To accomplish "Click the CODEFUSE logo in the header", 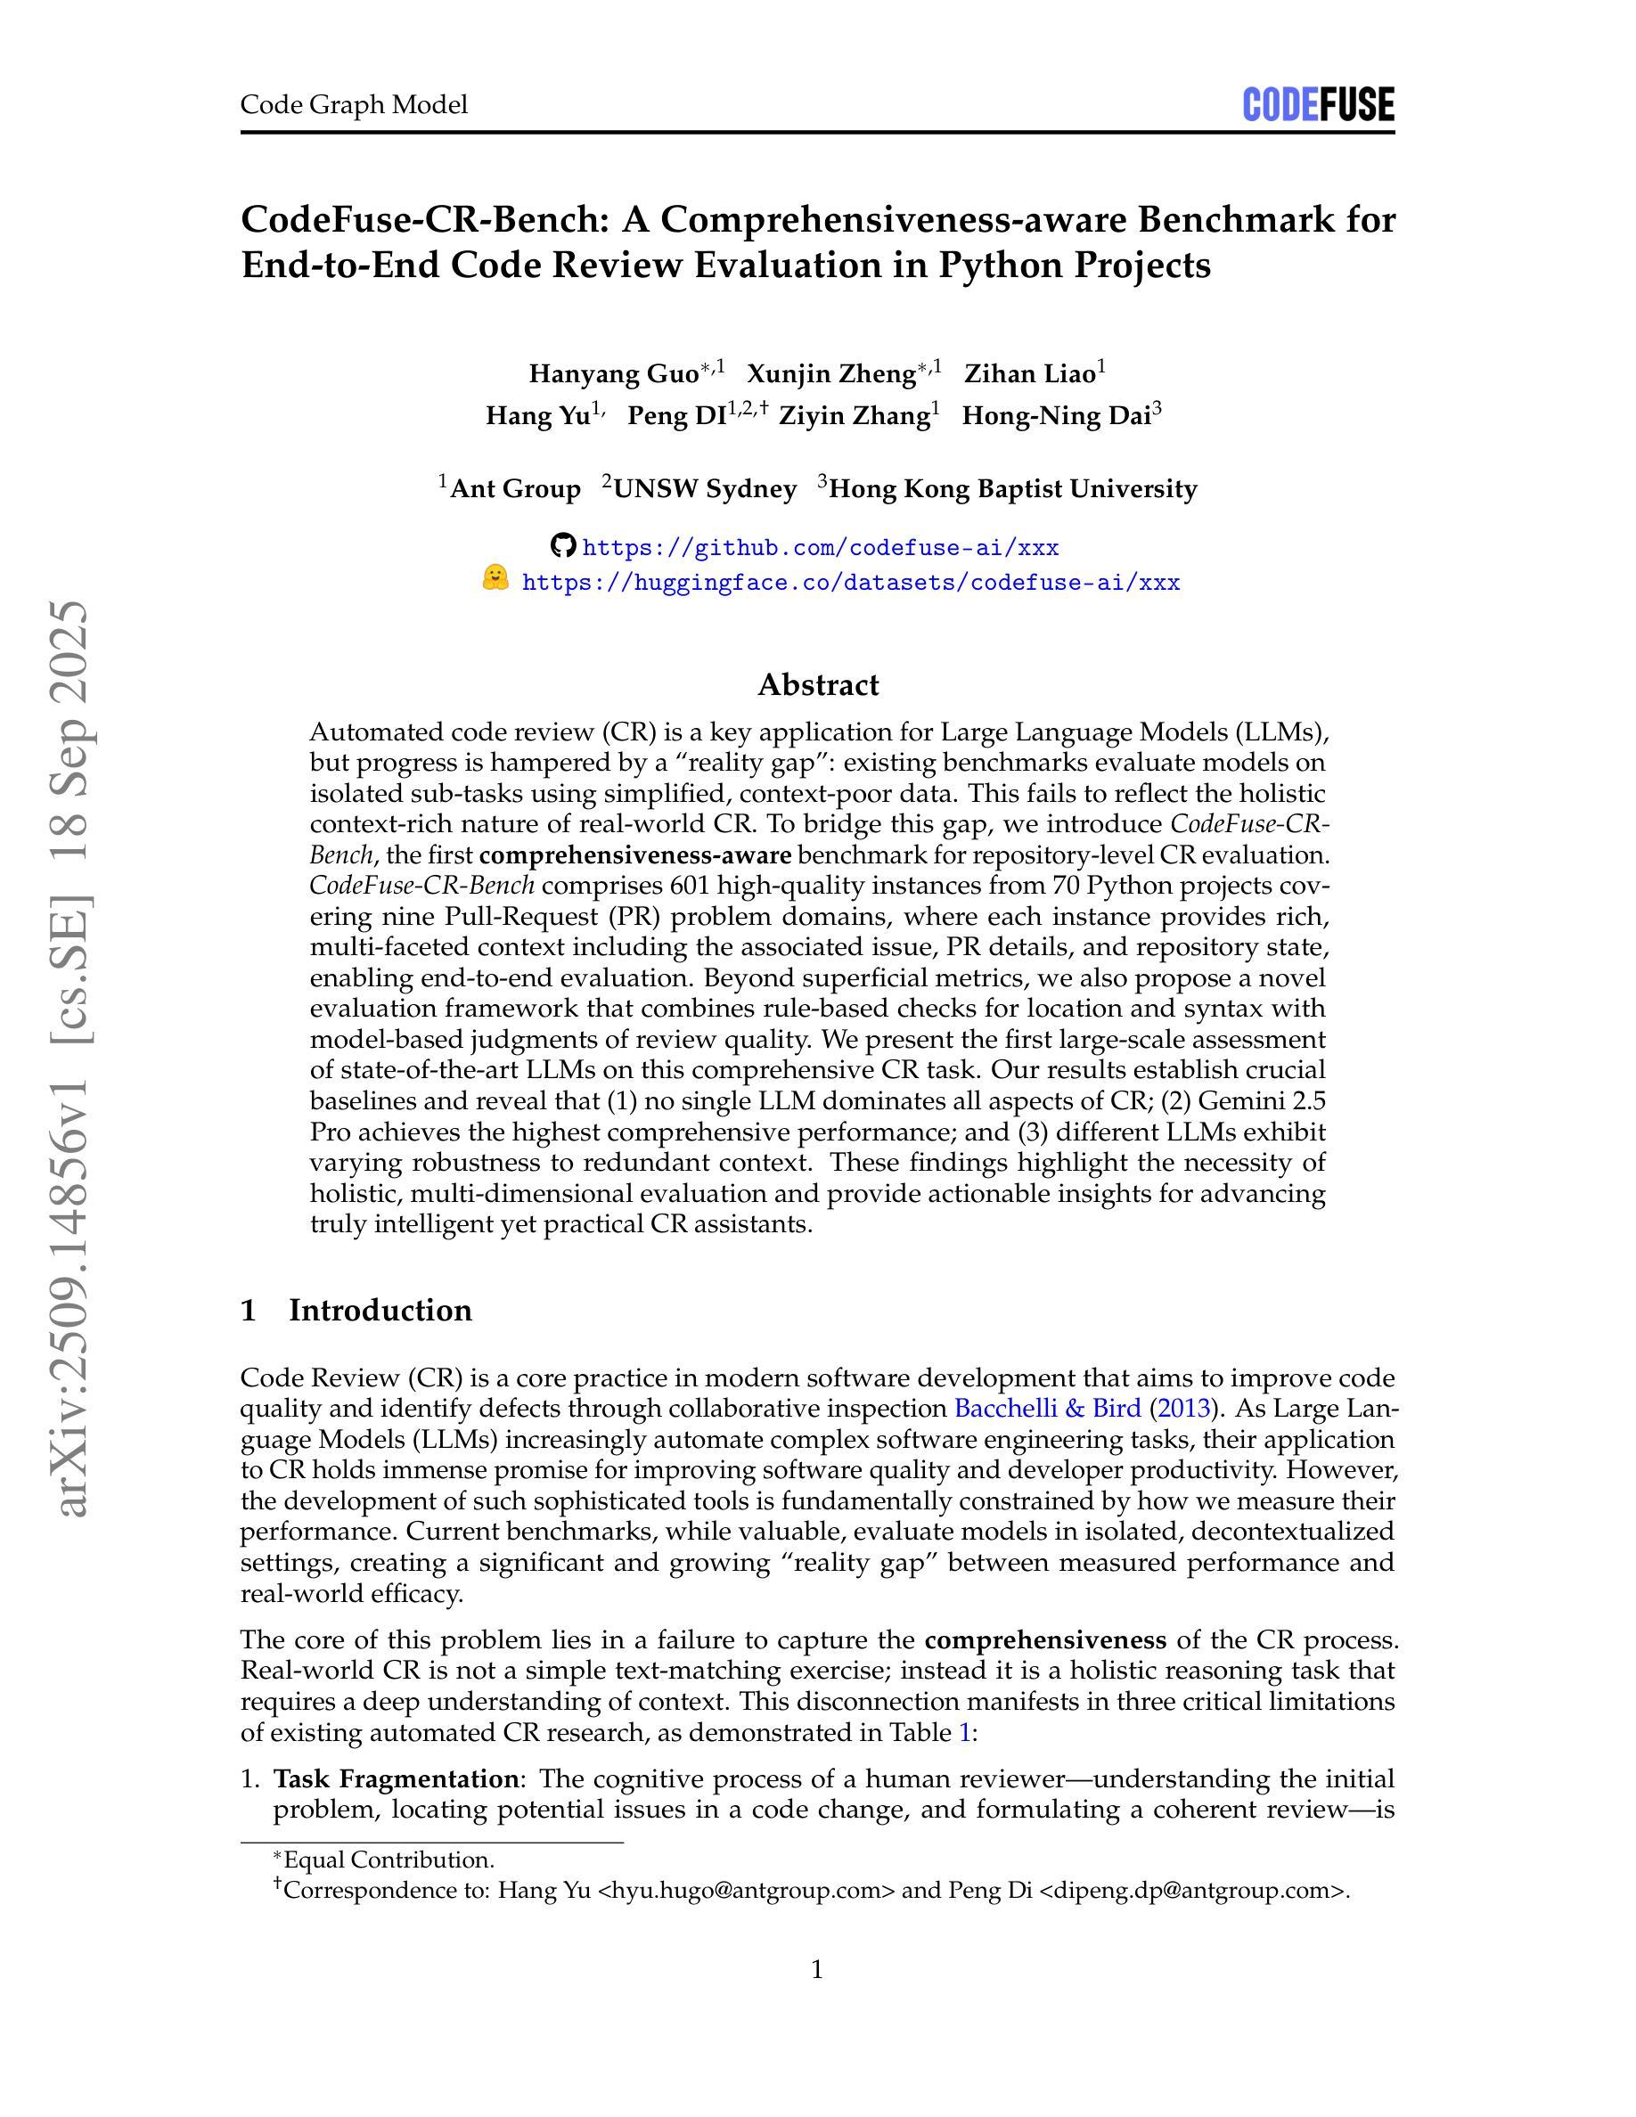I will pos(1317,104).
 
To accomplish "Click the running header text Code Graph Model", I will pos(354,104).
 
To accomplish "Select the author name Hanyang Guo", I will pos(613,374).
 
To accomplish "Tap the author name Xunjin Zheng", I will pos(830,374).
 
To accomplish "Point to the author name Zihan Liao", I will pos(1029,374).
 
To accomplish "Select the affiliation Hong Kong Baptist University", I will pos(1013,488).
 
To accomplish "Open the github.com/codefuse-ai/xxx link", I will pos(820,548).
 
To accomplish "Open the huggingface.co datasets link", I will pos(850,583).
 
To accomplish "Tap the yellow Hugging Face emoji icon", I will pos(495,580).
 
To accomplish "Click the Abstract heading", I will pos(818,685).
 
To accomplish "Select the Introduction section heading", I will pos(380,1311).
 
